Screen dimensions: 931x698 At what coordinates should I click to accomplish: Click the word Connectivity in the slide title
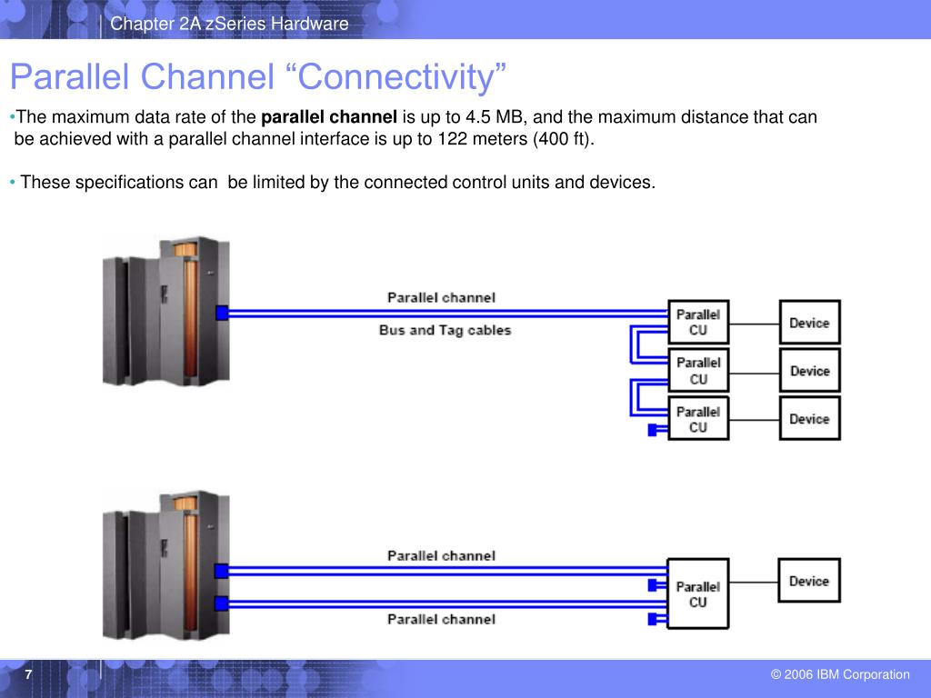395,77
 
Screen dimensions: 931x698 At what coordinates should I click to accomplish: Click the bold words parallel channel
329,117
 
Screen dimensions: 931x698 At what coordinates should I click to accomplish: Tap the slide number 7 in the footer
28,675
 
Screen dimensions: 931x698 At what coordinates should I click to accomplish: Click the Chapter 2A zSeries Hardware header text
229,24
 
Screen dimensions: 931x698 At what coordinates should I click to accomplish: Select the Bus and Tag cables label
445,330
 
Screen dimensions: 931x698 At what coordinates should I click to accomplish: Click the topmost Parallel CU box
698,323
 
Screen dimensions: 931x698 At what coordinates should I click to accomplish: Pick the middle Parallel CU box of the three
698,371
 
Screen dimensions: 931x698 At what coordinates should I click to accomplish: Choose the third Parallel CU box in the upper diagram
698,419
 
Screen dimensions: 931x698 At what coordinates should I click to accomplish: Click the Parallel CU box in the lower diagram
698,593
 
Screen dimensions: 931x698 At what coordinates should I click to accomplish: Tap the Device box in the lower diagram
809,581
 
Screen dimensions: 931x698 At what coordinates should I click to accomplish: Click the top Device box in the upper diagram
810,323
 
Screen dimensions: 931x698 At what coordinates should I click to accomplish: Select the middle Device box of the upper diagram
810,371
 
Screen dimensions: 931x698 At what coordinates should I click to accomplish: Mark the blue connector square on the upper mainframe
222,313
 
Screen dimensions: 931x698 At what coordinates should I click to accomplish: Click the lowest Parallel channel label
441,619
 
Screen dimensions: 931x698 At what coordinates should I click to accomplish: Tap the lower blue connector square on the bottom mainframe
222,603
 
